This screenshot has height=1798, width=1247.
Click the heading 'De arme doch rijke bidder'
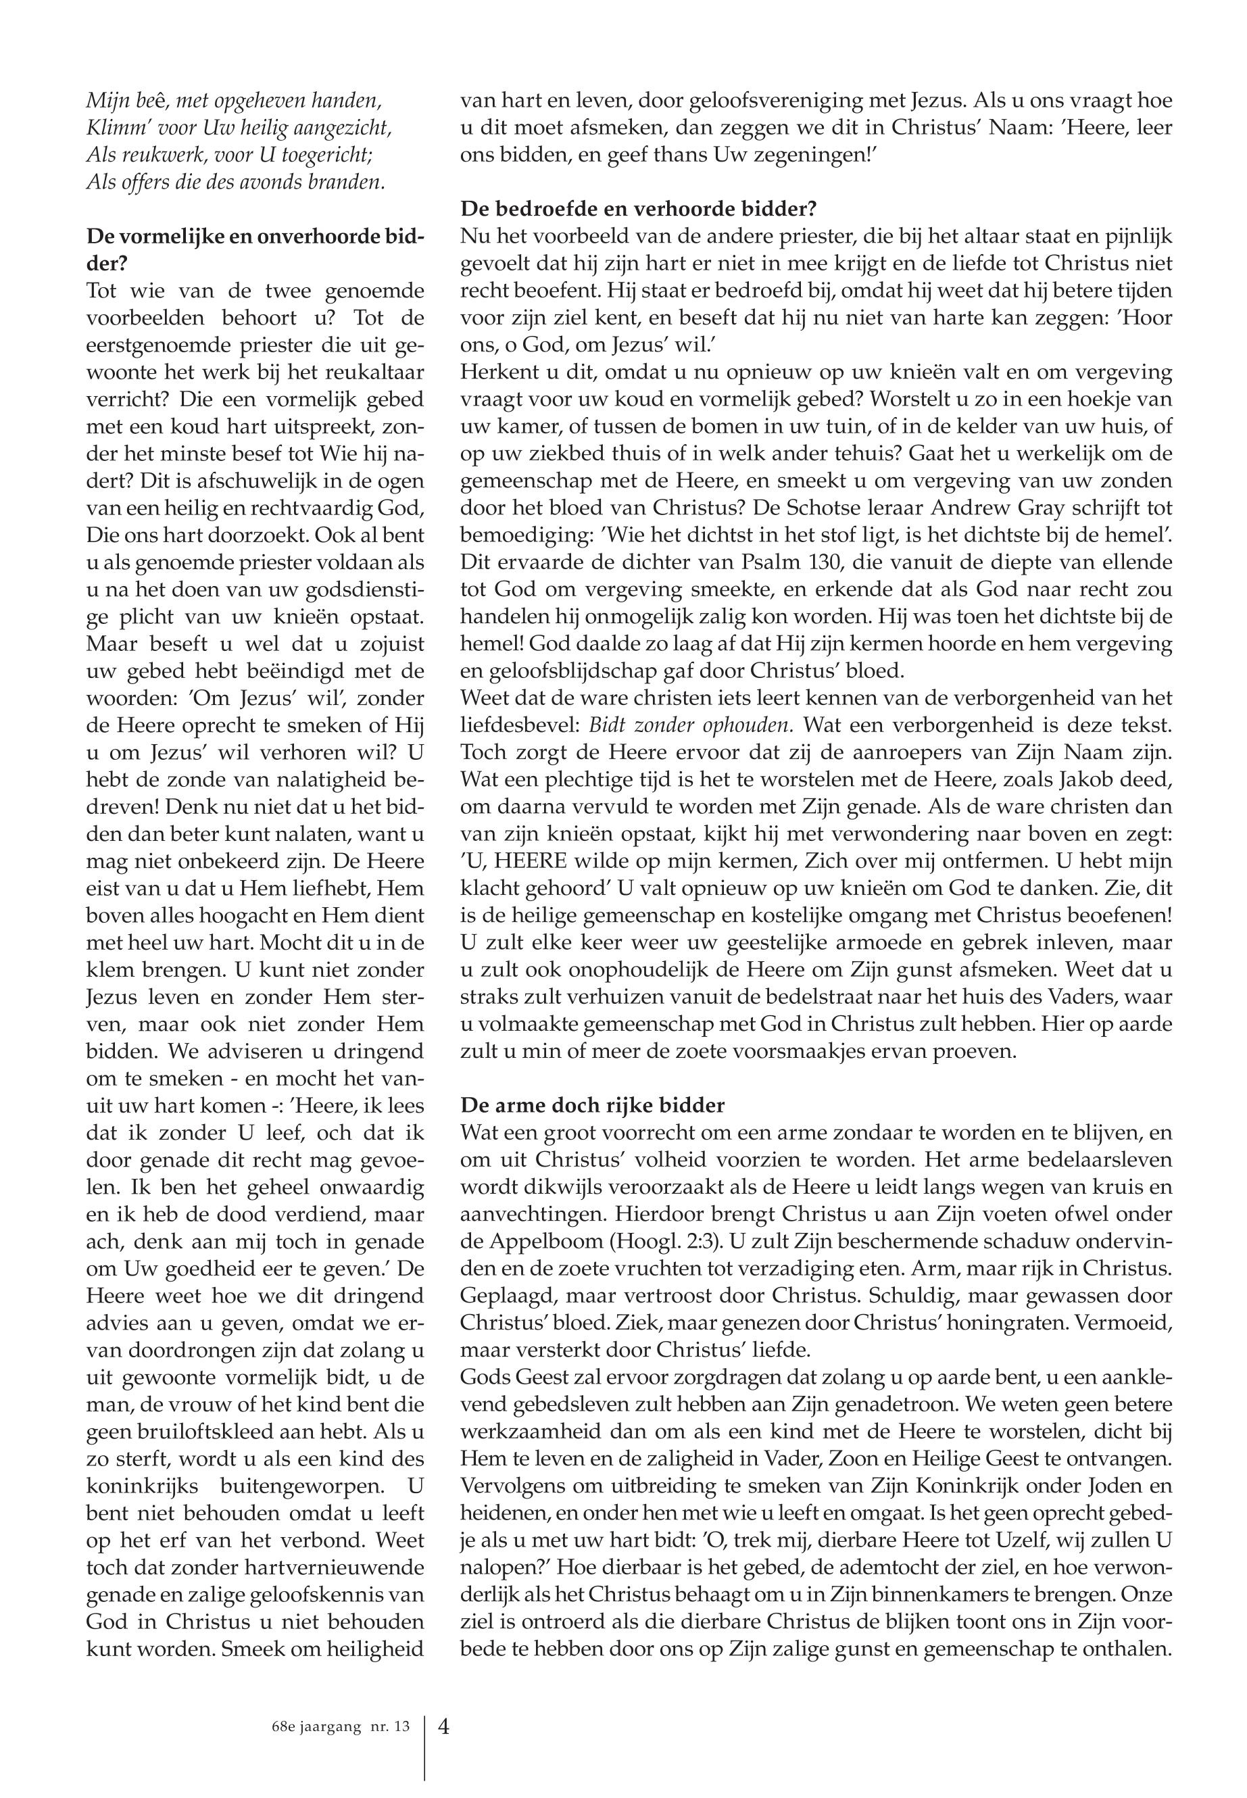(x=592, y=1105)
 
